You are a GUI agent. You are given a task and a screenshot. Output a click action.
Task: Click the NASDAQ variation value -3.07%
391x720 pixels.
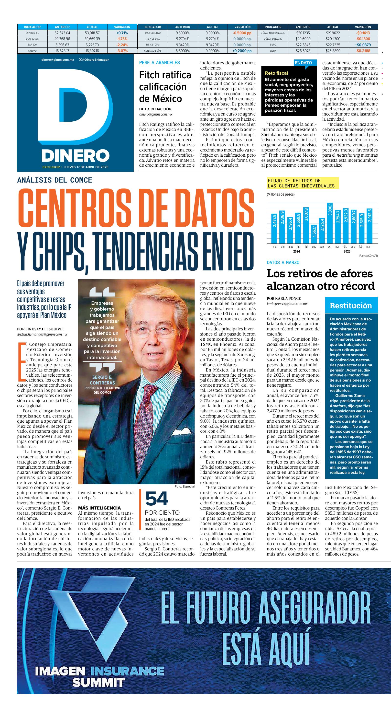(x=122, y=51)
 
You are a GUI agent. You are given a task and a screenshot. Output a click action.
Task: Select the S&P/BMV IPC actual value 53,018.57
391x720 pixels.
(x=92, y=33)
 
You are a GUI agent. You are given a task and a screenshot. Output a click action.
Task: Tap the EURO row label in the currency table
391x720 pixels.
(x=273, y=45)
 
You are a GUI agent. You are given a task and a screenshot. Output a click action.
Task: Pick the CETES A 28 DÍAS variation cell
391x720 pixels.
(x=242, y=51)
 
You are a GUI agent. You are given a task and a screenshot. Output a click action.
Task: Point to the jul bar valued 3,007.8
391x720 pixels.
(x=306, y=226)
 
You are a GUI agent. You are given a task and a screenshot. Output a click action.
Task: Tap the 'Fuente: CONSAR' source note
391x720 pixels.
(x=368, y=256)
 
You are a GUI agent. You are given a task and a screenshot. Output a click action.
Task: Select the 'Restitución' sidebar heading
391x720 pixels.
(x=351, y=305)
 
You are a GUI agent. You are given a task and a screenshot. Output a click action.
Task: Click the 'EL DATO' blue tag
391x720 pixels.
(x=303, y=63)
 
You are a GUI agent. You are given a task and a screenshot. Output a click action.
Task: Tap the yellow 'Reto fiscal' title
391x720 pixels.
(x=276, y=73)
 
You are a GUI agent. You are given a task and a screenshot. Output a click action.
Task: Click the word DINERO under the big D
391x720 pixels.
(x=75, y=155)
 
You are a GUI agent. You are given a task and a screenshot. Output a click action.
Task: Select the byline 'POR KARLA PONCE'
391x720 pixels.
(x=283, y=299)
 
